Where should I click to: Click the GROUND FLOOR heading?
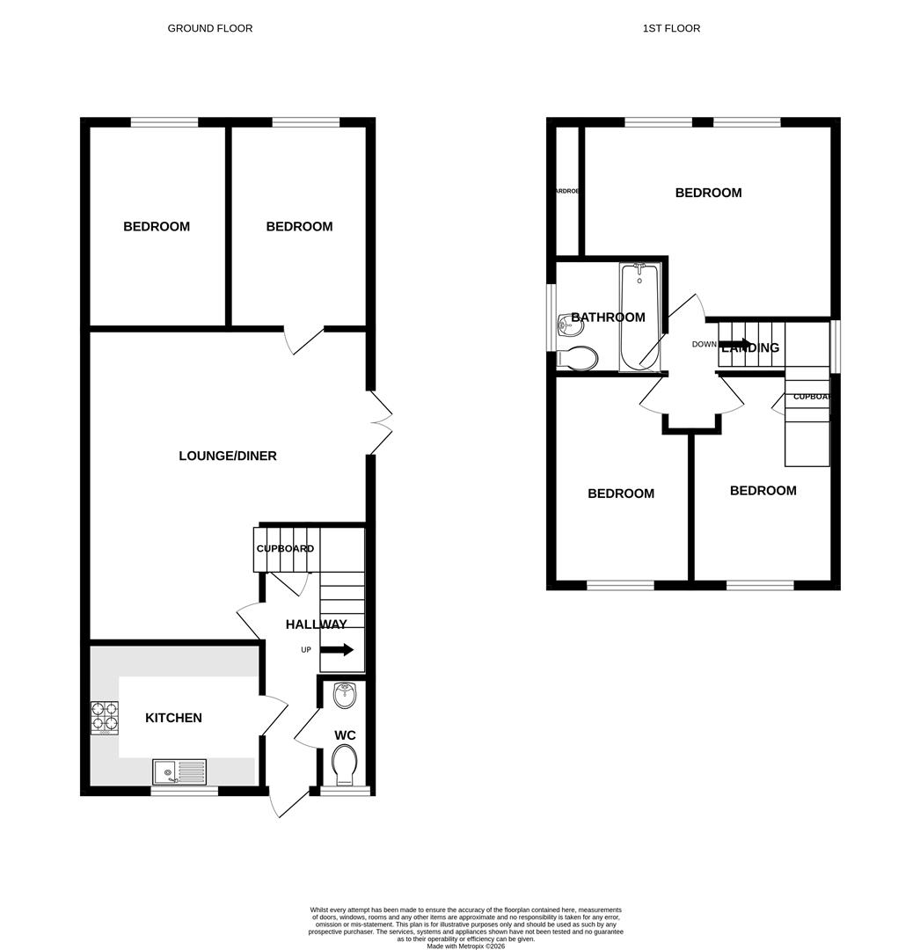click(209, 28)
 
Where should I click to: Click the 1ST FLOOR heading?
click(671, 28)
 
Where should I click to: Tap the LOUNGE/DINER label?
click(227, 456)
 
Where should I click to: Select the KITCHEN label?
click(173, 718)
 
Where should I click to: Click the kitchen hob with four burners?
click(104, 717)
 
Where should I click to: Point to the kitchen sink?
click(179, 771)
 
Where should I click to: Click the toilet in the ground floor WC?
click(346, 764)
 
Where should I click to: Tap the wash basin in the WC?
click(346, 696)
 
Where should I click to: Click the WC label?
click(345, 735)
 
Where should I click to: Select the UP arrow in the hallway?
click(337, 650)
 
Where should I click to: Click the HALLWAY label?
click(316, 625)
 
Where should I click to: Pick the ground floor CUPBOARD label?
click(285, 549)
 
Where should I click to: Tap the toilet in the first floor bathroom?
click(578, 358)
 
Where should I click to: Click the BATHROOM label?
click(608, 318)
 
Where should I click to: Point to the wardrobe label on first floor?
click(566, 191)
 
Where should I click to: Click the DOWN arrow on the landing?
click(734, 343)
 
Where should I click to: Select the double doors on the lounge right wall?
click(379, 423)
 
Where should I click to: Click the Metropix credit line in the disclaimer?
click(466, 946)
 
